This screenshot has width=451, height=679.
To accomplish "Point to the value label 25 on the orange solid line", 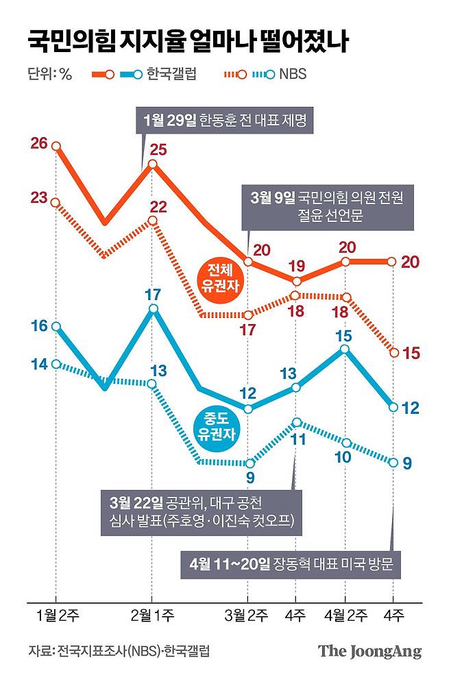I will tap(159, 148).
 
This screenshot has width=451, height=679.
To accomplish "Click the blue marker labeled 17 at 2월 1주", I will tap(152, 310).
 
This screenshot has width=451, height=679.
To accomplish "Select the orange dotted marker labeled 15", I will tap(393, 352).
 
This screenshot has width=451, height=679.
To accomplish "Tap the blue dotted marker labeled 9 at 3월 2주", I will tap(248, 462).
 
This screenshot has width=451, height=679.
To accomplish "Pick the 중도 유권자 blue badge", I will tap(219, 425).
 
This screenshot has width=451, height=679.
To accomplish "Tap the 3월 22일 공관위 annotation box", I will tap(195, 510).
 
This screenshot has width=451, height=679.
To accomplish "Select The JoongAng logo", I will tap(369, 651).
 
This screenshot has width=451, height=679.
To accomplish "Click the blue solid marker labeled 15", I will tap(345, 349).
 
